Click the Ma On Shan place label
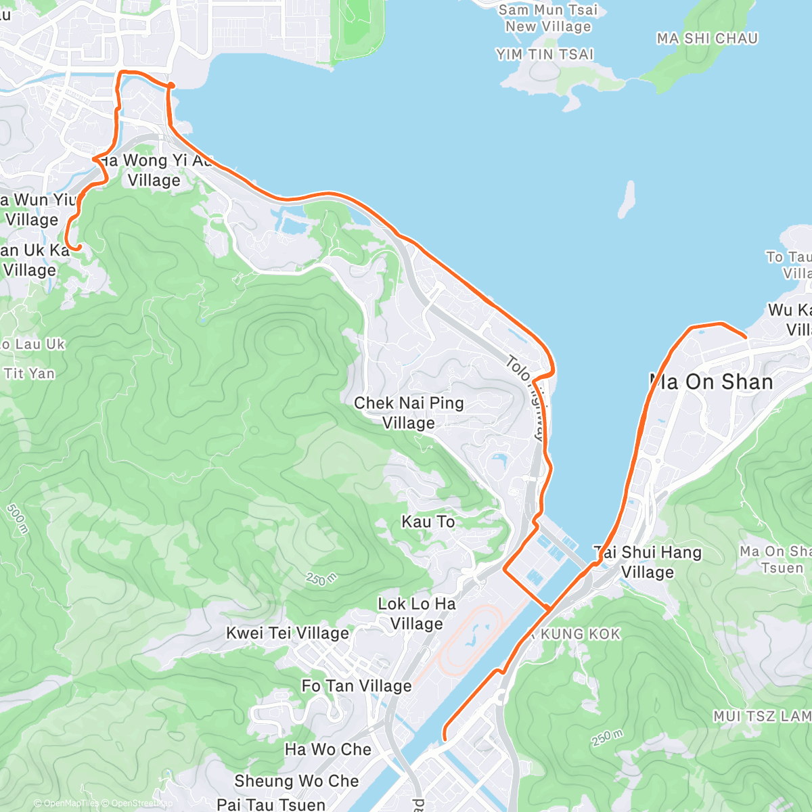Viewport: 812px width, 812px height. coord(710,382)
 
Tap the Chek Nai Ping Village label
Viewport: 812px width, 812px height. coord(409,413)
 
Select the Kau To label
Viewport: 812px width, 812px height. coord(428,522)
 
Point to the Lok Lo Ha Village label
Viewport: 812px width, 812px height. coord(417,614)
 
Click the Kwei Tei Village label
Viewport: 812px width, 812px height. coord(288,633)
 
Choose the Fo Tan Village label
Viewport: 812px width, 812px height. coord(357,686)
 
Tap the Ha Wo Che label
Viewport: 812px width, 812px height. coord(328,750)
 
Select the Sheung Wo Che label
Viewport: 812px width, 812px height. coord(296,781)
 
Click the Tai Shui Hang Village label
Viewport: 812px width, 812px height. coord(648,562)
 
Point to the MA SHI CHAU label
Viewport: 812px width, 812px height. coord(707,39)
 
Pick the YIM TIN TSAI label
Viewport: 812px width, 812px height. coord(545,55)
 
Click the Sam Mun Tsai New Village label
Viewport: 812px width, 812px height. coord(548,18)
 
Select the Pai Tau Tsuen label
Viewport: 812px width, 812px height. coord(271,805)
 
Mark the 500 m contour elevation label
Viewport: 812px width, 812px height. coord(17,518)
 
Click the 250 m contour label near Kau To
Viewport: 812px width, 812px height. coord(321,579)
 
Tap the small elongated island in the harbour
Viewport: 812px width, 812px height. coord(627,198)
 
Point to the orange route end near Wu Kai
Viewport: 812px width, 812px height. coord(745,336)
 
